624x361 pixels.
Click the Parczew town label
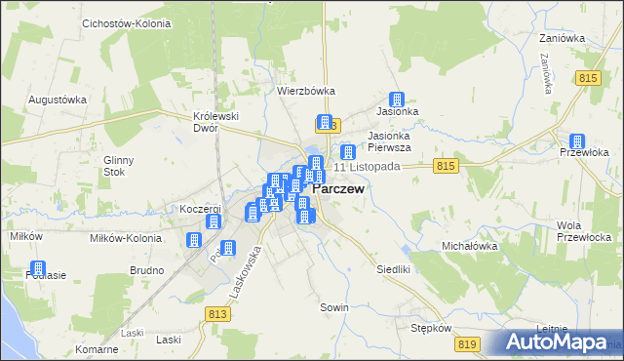pyautogui.click(x=338, y=190)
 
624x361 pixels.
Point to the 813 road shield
pyautogui.click(x=217, y=312)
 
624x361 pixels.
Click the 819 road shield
pyautogui.click(x=466, y=343)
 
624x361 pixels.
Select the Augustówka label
pyautogui.click(x=58, y=100)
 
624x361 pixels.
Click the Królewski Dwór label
pyautogui.click(x=216, y=121)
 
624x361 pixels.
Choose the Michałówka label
pyautogui.click(x=470, y=247)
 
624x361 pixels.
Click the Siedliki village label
pyautogui.click(x=396, y=267)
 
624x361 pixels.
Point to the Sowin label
pyautogui.click(x=334, y=307)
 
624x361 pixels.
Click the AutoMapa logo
pyautogui.click(x=556, y=341)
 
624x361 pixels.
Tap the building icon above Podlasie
pyautogui.click(x=38, y=268)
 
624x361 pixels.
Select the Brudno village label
pyautogui.click(x=145, y=269)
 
